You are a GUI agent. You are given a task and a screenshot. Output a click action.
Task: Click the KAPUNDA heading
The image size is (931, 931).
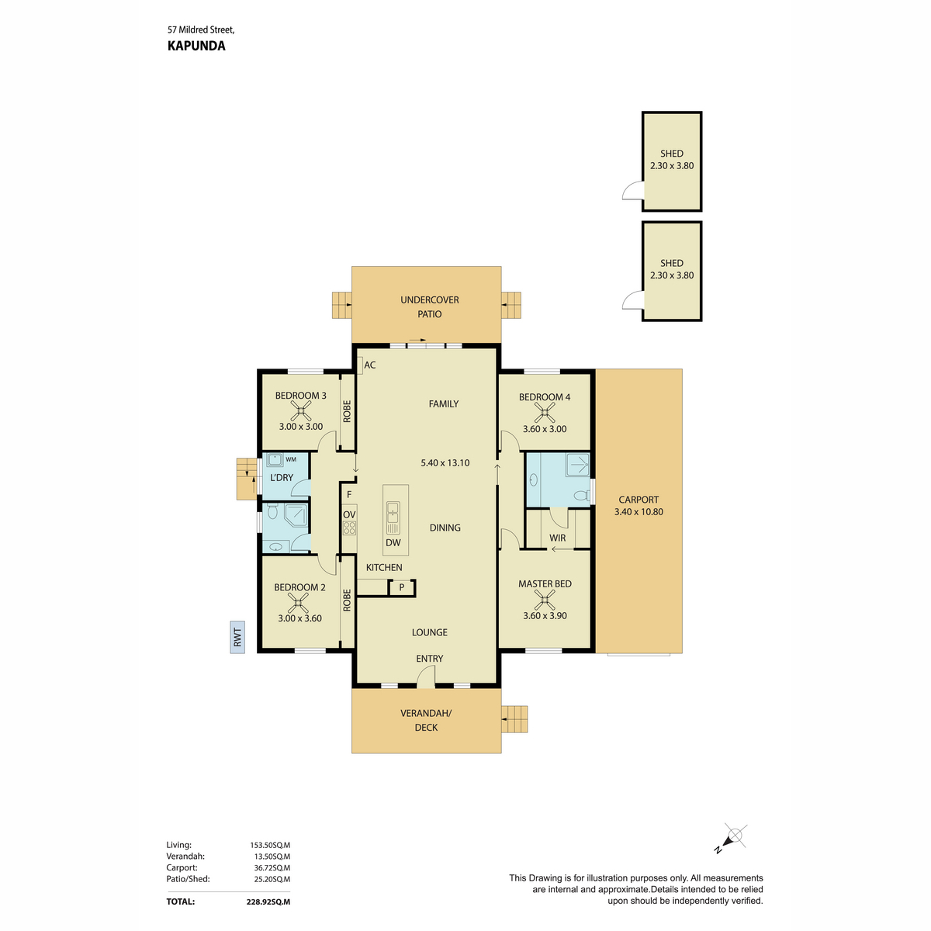(196, 46)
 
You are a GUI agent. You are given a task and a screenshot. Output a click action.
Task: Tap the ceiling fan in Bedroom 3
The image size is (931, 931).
(300, 411)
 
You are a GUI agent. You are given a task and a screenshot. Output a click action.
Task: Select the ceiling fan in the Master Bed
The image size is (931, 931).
(545, 600)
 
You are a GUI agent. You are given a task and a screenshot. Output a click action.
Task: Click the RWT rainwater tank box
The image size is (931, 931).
(237, 637)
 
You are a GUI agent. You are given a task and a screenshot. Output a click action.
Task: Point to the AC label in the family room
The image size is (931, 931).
(369, 365)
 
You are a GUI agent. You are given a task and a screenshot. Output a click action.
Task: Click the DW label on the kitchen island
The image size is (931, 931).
(393, 542)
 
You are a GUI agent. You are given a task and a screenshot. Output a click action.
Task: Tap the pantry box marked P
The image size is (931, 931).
(401, 588)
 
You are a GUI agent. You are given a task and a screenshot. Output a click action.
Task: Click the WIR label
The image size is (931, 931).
(557, 538)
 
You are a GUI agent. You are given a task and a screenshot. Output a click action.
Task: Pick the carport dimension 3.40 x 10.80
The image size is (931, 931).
(639, 511)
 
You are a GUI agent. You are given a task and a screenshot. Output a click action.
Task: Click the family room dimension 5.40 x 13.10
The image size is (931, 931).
(445, 463)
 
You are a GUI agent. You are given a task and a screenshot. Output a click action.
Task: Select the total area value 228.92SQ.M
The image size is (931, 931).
(268, 902)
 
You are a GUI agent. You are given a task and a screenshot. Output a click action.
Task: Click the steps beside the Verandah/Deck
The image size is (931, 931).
(514, 719)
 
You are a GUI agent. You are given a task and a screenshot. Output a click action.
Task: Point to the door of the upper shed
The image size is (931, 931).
(633, 191)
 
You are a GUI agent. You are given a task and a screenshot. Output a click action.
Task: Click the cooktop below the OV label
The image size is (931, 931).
(349, 528)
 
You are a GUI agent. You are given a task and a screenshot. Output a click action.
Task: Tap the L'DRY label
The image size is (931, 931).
(282, 478)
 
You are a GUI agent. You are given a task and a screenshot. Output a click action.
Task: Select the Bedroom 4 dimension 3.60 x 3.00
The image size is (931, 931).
(545, 429)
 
